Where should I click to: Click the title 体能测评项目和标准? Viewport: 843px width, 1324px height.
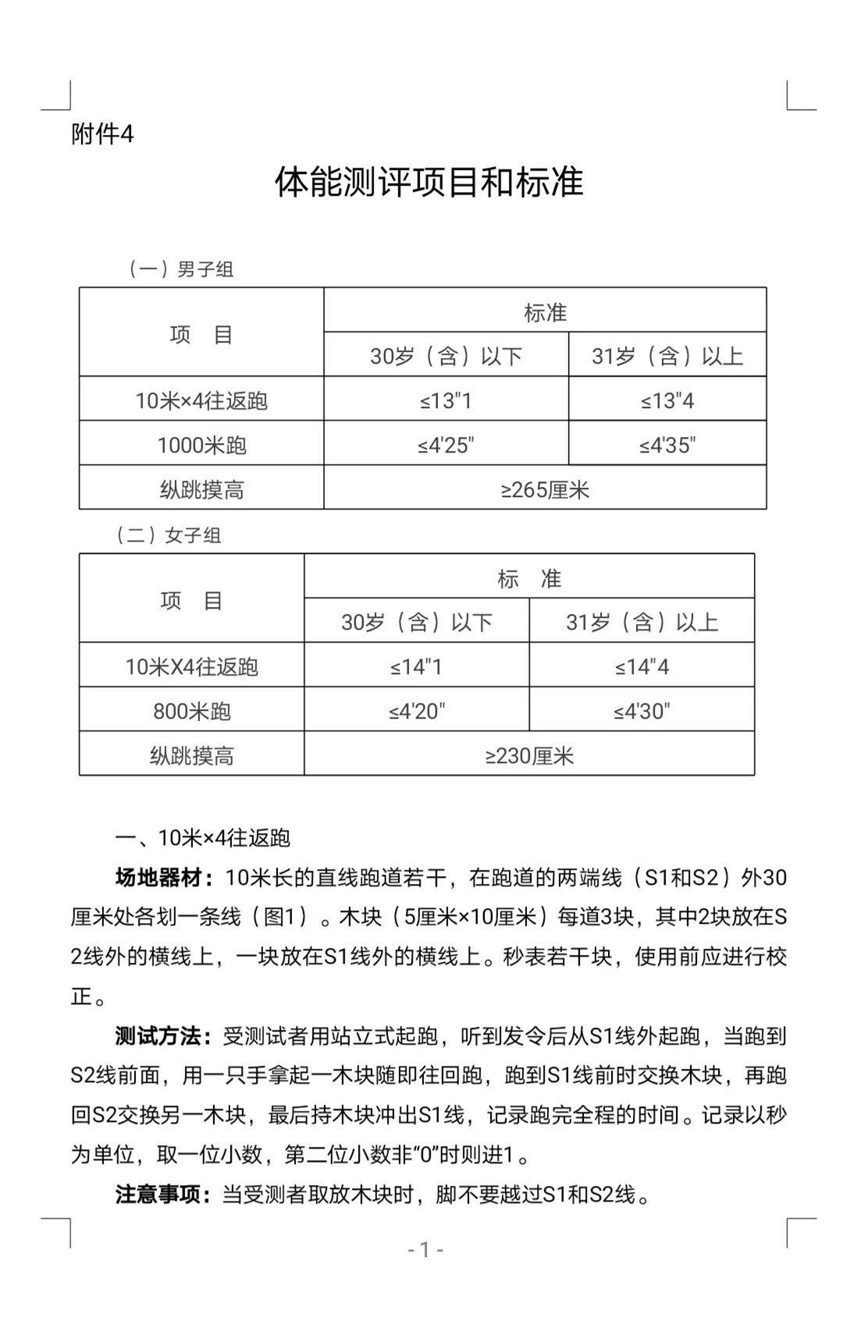tap(429, 183)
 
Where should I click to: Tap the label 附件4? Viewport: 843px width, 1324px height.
tap(102, 135)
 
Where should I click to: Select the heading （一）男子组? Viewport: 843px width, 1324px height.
tap(181, 270)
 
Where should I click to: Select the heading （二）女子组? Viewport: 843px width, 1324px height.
tap(169, 535)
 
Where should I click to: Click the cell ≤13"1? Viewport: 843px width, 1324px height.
tap(446, 401)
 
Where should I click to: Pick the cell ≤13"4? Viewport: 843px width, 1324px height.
tap(667, 401)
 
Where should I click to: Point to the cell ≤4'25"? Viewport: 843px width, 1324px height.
tap(446, 445)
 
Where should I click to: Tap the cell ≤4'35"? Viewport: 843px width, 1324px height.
tap(667, 445)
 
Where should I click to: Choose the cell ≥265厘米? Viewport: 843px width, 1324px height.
tap(545, 490)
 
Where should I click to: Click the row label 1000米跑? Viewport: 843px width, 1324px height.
tap(201, 445)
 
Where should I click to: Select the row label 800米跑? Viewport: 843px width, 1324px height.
tap(191, 712)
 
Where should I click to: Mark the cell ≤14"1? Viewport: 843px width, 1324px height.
tap(416, 667)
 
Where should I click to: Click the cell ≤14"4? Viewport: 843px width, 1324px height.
tap(642, 667)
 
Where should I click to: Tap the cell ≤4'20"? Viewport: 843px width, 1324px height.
tap(416, 712)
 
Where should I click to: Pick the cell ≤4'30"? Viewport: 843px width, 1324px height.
tap(642, 712)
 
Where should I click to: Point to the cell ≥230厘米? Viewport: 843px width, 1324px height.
tap(529, 756)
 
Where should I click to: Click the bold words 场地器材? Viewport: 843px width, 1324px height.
tap(159, 878)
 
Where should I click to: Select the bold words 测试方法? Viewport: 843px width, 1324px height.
tap(159, 1037)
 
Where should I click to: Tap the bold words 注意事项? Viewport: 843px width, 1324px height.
tap(159, 1194)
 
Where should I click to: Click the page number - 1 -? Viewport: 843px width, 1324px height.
tap(425, 1250)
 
